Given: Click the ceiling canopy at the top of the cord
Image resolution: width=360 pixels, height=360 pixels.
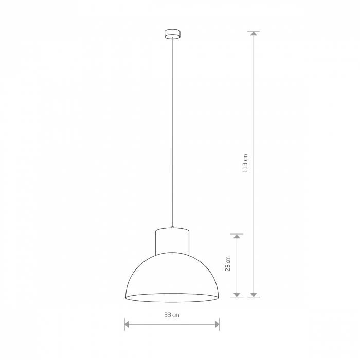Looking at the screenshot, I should coord(172,34).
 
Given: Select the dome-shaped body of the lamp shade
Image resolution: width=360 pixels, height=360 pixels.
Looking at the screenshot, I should coord(172,273).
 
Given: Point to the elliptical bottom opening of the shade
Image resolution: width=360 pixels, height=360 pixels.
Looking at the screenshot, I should coord(172,297).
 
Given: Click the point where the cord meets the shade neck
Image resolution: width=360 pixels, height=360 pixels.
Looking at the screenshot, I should coord(172,227).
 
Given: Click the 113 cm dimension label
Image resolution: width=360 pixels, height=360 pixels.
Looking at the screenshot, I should coord(245,163).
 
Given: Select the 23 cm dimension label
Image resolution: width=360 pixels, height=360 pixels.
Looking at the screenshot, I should coord(228,264).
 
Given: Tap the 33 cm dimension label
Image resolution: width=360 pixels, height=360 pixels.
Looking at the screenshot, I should coord(172,315).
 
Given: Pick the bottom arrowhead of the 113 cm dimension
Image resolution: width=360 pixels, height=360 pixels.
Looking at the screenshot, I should coord(254,294).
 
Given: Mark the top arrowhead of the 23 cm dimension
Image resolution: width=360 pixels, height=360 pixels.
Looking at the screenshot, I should coord(237,237).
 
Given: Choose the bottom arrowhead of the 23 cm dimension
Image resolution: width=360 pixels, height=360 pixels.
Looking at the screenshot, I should coord(237,294).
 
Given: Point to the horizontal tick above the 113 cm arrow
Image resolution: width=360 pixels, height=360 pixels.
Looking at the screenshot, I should coord(254,31).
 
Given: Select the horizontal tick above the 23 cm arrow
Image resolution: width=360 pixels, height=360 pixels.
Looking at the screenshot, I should coord(237,234).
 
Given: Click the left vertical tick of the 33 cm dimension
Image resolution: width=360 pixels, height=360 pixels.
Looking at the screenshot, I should coord(124,324).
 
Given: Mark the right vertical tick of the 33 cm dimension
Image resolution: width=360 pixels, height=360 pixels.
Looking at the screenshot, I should coord(220,324).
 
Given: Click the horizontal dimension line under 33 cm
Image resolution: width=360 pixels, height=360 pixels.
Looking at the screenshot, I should coord(172,324).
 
